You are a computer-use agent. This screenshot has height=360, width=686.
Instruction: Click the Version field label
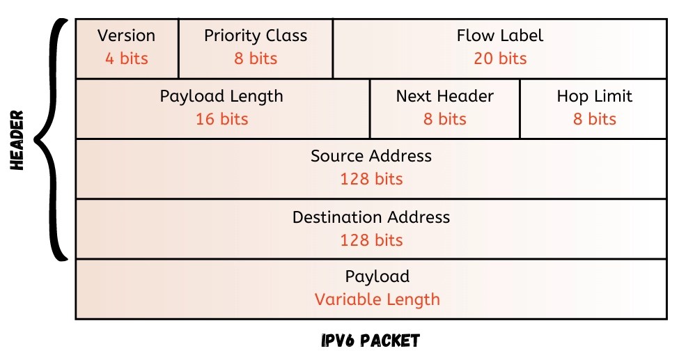coord(126,36)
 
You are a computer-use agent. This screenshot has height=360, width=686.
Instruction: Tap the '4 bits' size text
coord(126,58)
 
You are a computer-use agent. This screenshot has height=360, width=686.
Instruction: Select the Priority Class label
coord(256,36)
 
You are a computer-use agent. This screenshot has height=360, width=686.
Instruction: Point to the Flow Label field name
coord(499,36)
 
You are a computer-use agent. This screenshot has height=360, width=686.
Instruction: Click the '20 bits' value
coord(499,58)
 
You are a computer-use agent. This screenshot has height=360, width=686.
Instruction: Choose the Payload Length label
coord(221,96)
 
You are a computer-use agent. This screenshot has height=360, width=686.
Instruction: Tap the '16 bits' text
coord(221,119)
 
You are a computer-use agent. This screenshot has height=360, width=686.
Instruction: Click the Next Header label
coord(444,96)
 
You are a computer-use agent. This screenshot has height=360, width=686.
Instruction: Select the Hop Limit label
coord(594,96)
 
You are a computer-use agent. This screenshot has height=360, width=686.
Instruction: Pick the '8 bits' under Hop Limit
coord(594,119)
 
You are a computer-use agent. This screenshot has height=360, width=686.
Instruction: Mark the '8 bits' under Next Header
coord(444,119)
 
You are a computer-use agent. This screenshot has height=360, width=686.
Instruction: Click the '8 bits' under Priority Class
coord(256,58)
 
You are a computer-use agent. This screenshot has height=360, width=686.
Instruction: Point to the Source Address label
coord(371,156)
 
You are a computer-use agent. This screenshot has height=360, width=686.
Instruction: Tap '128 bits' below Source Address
coord(371,179)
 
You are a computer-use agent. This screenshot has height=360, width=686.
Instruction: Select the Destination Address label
coord(371,217)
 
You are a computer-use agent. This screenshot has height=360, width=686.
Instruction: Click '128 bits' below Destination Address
coord(371,240)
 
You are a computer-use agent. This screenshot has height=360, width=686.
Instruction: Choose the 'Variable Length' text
coord(377,300)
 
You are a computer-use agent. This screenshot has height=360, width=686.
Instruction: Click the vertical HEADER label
coord(17,139)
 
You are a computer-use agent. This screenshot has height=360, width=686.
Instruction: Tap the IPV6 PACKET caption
coord(371,341)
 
